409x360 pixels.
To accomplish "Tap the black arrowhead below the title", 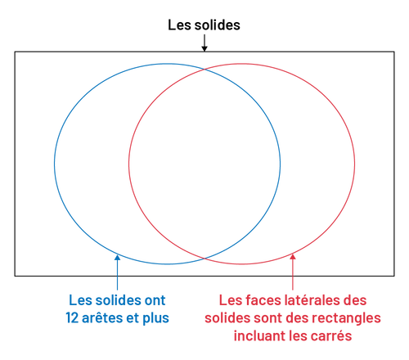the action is (204, 48).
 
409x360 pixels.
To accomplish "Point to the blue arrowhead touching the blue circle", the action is (117, 258).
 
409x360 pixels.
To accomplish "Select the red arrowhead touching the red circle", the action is (293, 257).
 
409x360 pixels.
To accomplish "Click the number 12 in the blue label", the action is (72, 318).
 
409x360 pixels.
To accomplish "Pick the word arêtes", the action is (102, 318).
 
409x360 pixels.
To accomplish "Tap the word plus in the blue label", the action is (155, 318).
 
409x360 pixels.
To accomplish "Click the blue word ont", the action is (155, 300).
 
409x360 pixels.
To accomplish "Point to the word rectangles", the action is (346, 318).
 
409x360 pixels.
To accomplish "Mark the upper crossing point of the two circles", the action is (204, 70).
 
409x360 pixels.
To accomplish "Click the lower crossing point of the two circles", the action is (204, 258).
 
